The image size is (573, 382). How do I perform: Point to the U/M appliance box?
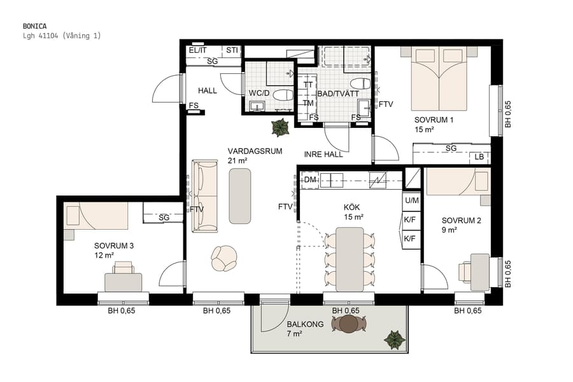[x=411, y=201]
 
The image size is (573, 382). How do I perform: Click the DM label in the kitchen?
[x=310, y=180]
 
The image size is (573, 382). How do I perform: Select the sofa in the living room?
[x=204, y=195]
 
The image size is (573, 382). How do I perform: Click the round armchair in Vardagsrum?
[x=225, y=257]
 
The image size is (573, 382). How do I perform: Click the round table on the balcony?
[x=349, y=324]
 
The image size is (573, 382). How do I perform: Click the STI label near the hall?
[x=232, y=50]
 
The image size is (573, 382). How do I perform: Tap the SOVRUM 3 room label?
[x=114, y=245]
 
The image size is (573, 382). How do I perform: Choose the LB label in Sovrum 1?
[x=479, y=157]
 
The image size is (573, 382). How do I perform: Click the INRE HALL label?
[x=323, y=154]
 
